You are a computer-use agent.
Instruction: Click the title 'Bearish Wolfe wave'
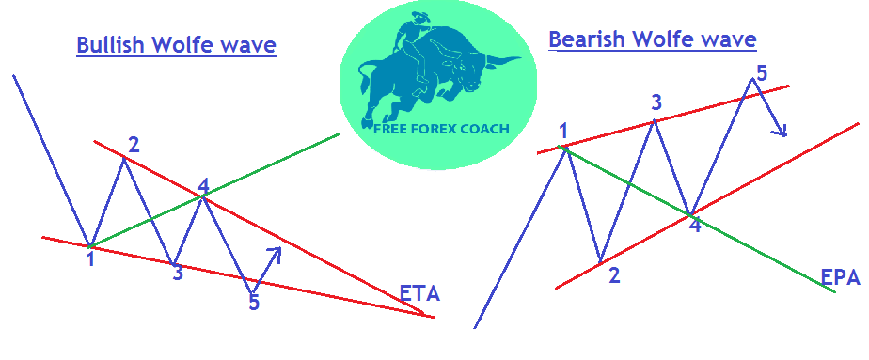(x=652, y=39)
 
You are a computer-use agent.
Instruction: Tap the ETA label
(x=419, y=293)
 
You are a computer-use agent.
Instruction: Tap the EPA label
(x=840, y=277)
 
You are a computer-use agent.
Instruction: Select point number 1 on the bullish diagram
(x=90, y=258)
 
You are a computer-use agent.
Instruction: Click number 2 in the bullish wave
(x=134, y=145)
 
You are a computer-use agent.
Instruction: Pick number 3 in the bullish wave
(x=178, y=273)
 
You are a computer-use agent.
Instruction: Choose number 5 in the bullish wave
(x=253, y=303)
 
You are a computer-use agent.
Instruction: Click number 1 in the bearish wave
(x=563, y=132)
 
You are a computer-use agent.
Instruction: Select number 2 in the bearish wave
(x=613, y=275)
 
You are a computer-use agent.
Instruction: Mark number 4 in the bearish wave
(x=694, y=226)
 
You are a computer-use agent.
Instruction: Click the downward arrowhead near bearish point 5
(x=780, y=133)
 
